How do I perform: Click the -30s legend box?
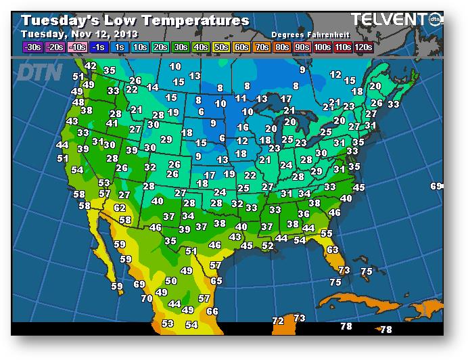pyautogui.click(x=32, y=47)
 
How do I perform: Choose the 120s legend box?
pyautogui.click(x=363, y=47)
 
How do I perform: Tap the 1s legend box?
pyautogui.click(x=120, y=47)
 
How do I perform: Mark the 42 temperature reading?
pyautogui.click(x=91, y=66)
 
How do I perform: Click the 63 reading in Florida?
pyautogui.click(x=332, y=250)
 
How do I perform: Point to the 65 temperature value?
pyautogui.click(x=216, y=281)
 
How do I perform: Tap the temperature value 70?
pyautogui.click(x=146, y=298)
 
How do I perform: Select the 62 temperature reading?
pyautogui.click(x=120, y=208)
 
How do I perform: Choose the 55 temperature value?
pyautogui.click(x=327, y=233)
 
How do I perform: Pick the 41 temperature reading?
pyautogui.click(x=112, y=123)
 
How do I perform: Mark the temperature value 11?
pyautogui.click(x=241, y=98)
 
